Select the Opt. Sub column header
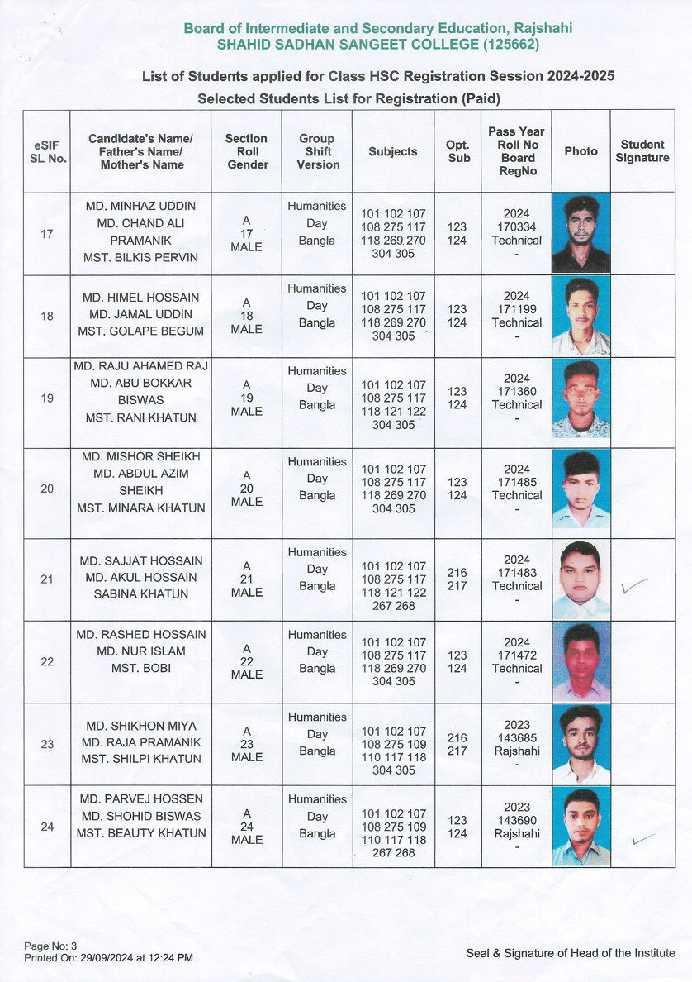[458, 151]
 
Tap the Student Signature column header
[642, 151]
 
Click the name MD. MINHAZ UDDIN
[140, 205]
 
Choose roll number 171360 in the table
[517, 392]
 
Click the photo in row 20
[581, 489]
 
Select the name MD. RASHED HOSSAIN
[140, 634]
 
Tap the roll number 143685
[517, 738]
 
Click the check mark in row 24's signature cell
[642, 839]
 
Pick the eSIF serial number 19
[47, 398]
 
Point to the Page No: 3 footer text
[50, 946]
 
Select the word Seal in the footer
[480, 953]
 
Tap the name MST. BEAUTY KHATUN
[140, 833]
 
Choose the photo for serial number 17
[581, 233]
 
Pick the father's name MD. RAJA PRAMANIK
[140, 742]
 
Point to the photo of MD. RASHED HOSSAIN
[581, 662]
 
